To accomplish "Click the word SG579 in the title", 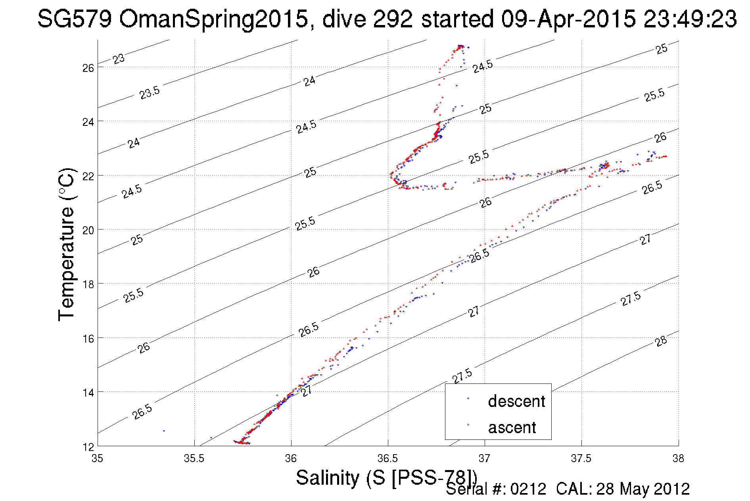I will [75, 19].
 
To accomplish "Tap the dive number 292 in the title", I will [392, 19].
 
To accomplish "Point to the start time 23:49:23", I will [690, 19].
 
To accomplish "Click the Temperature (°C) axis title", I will [66, 244].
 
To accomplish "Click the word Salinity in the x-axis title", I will [327, 477].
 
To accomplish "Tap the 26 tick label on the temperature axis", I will [88, 68].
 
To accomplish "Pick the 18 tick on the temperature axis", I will [88, 284].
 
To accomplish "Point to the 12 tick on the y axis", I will [88, 447].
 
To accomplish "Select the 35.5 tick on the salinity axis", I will [194, 459].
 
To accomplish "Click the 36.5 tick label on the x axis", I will [387, 459].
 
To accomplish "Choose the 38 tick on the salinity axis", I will [678, 459].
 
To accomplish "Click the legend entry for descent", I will [516, 401].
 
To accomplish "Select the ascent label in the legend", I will [512, 428].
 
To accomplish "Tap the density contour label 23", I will [119, 59].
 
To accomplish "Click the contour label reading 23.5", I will [150, 92].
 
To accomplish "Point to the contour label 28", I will [661, 341].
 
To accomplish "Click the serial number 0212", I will [528, 489].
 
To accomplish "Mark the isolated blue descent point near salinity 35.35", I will [164, 431].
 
